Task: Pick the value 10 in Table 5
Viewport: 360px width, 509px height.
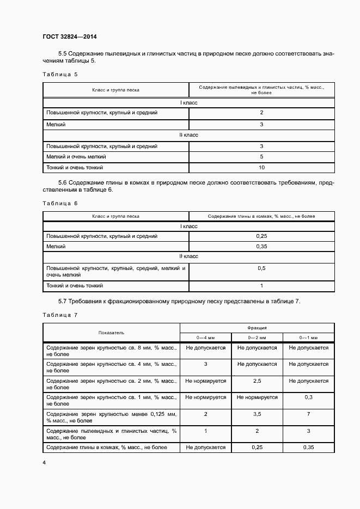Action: pyautogui.click(x=261, y=168)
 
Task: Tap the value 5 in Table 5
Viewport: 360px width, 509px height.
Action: pyautogui.click(x=261, y=157)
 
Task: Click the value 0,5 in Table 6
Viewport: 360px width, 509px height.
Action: pyautogui.click(x=261, y=268)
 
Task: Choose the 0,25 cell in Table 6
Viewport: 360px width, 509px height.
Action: pyautogui.click(x=261, y=236)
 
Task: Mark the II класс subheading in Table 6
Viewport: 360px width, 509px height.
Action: pyautogui.click(x=188, y=256)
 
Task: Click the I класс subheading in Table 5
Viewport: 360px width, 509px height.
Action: pyautogui.click(x=188, y=102)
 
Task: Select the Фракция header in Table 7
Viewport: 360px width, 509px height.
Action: pyautogui.click(x=257, y=328)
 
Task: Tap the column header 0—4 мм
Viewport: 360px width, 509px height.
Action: pyautogui.click(x=206, y=337)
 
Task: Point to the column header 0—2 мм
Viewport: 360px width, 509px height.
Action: pyautogui.click(x=257, y=337)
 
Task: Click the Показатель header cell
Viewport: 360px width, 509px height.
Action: pyautogui.click(x=112, y=332)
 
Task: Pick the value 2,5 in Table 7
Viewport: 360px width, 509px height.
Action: pyautogui.click(x=257, y=381)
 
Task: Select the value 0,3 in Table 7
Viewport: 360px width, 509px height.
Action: pyautogui.click(x=308, y=397)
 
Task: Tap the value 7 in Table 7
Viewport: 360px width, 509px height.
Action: pyautogui.click(x=308, y=414)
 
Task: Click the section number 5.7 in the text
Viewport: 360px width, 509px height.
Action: pyautogui.click(x=63, y=301)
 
